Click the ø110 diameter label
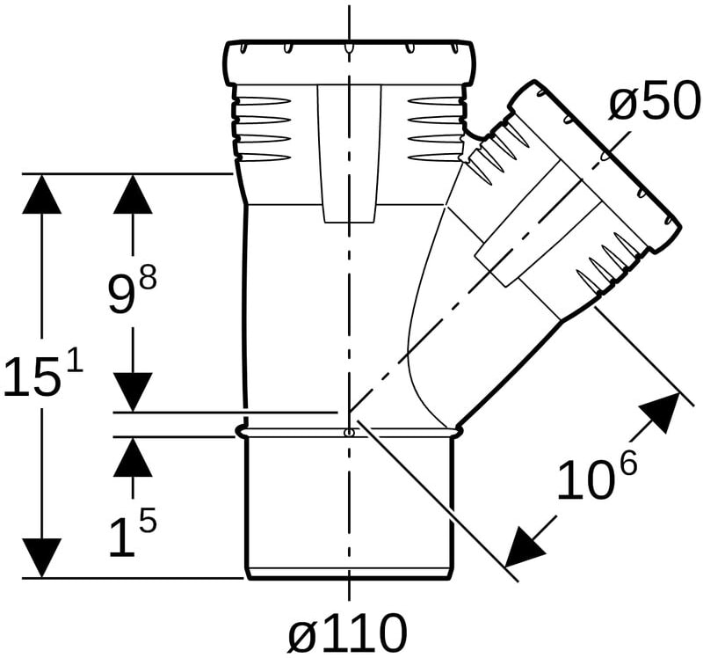click(347, 632)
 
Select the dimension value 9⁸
click(133, 291)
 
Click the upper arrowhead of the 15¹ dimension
click(41, 194)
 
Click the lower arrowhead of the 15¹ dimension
click(41, 558)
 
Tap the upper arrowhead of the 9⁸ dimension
click(133, 194)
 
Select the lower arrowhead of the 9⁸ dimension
click(133, 391)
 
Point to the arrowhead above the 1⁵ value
click(133, 457)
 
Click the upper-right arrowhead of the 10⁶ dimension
click(662, 411)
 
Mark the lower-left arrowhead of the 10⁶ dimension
click(524, 547)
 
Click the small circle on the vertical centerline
click(348, 433)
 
